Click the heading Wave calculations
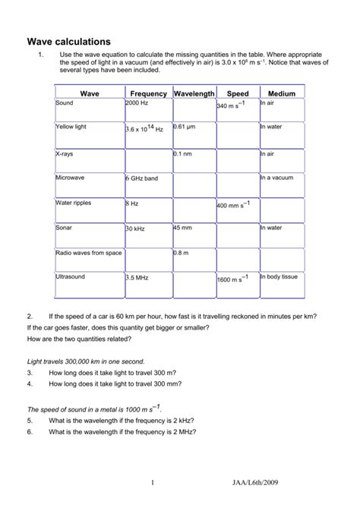tap(69, 42)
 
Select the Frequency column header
tap(147, 93)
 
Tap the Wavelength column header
tap(194, 93)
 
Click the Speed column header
tap(237, 93)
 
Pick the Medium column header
tap(281, 93)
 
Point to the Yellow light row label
tap(71, 128)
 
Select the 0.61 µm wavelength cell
tap(186, 128)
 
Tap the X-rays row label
tap(65, 153)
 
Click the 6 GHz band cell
tap(142, 178)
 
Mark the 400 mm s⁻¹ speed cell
tap(233, 205)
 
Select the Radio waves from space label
tap(88, 252)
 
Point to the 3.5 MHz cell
tap(137, 279)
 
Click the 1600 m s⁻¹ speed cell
tap(233, 279)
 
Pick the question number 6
tap(29, 432)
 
